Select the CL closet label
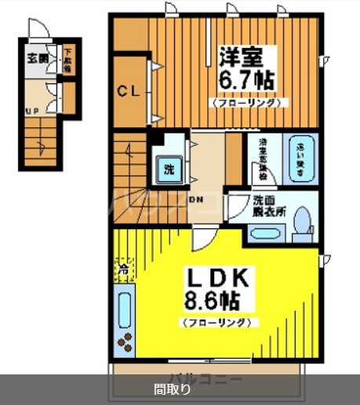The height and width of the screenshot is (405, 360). pyautogui.click(x=129, y=90)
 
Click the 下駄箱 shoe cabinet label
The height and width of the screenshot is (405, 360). pyautogui.click(x=68, y=59)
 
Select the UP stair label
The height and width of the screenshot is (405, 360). pyautogui.click(x=33, y=111)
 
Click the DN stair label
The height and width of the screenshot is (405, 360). pyautogui.click(x=195, y=199)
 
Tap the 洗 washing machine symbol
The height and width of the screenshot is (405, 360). pyautogui.click(x=169, y=168)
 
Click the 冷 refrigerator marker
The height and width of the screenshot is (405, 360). pyautogui.click(x=123, y=270)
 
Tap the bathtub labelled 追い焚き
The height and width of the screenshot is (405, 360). pyautogui.click(x=301, y=158)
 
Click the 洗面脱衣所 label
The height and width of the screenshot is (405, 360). pyautogui.click(x=269, y=205)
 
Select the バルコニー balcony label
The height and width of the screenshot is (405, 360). pyautogui.click(x=205, y=379)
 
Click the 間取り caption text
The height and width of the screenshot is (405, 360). pyautogui.click(x=172, y=389)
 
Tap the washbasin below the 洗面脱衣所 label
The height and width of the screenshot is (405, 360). pyautogui.click(x=266, y=233)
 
